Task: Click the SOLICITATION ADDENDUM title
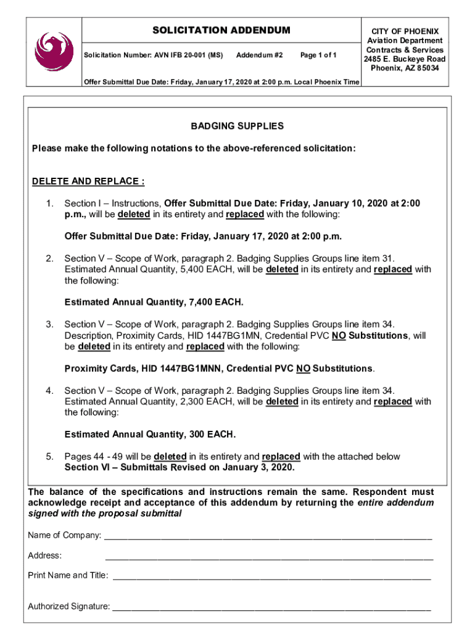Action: coord(221,30)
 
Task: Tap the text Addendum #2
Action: coord(259,56)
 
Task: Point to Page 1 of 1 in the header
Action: coord(318,56)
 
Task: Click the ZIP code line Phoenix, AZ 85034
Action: coord(405,69)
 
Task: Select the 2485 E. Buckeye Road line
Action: coord(405,59)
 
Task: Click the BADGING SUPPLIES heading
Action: coord(237,126)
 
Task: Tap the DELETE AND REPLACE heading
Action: coord(88,181)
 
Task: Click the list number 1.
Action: coord(49,204)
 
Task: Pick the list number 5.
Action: coord(49,457)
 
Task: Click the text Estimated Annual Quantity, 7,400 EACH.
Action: coord(154,302)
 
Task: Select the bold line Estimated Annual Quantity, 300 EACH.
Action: coord(150,434)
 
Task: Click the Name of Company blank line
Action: coord(268,536)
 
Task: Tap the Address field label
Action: coord(45,555)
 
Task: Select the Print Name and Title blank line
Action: coord(271,576)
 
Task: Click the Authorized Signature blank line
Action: coord(271,607)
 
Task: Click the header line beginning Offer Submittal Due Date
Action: coord(221,82)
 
